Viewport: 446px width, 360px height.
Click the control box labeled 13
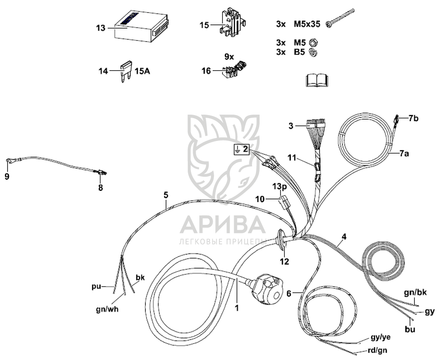pos(141,26)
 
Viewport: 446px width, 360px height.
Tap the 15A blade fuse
pos(126,71)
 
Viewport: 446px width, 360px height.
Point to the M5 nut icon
pos(313,43)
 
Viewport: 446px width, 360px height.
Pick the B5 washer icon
pos(313,52)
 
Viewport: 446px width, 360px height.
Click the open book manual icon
pos(317,80)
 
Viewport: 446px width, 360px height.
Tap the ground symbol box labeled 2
pos(241,149)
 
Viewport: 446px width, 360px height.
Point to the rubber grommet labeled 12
pos(281,239)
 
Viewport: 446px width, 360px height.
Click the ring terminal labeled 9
pos(10,161)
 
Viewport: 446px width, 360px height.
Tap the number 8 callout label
pos(100,188)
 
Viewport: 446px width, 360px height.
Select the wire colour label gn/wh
pos(107,309)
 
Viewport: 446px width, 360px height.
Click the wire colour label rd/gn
pos(377,350)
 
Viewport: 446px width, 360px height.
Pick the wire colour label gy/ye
pos(381,337)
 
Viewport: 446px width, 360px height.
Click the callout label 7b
pos(413,118)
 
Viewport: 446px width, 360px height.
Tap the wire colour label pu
pos(96,286)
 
